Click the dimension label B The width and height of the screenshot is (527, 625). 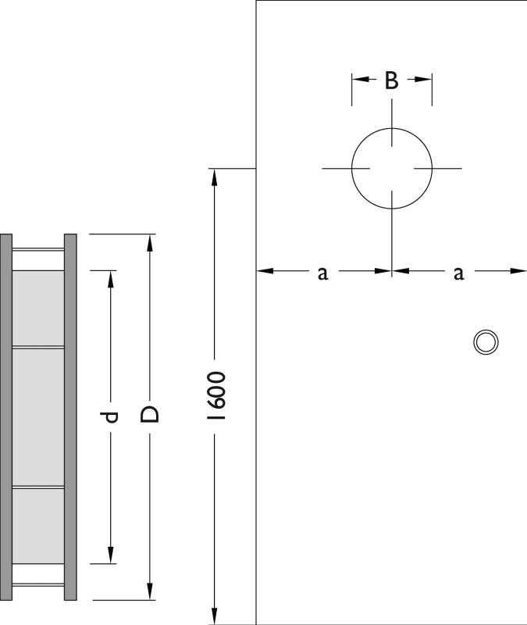coord(392,80)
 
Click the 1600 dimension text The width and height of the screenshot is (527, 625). coord(218,397)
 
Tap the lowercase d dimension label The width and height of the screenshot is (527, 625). coord(111,416)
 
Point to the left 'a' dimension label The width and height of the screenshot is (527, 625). coord(322,272)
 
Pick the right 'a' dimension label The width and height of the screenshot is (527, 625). coord(459,272)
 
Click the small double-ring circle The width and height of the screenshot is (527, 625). coord(486,341)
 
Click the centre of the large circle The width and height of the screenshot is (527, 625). coord(392,168)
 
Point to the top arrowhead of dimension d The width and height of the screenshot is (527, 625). coord(111,276)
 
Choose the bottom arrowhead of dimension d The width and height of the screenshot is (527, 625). coord(111,557)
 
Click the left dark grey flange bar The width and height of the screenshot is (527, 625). coord(6,417)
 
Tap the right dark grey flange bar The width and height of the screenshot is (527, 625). coord(70,417)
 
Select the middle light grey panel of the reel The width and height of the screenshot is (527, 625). coord(38,416)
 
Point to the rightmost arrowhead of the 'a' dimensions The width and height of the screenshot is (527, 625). coord(521,271)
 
